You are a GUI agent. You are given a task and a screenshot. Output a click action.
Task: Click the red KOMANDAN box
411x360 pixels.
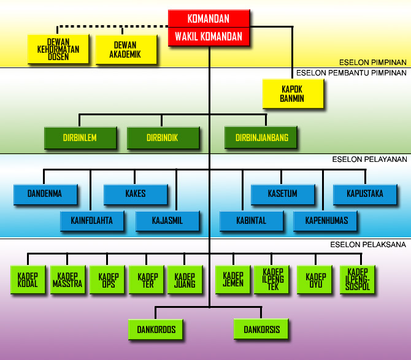(x=209, y=19)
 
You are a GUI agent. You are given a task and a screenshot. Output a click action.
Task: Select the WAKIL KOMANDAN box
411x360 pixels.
(x=209, y=37)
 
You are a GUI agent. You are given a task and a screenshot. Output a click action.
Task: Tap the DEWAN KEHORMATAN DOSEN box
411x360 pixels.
(x=58, y=50)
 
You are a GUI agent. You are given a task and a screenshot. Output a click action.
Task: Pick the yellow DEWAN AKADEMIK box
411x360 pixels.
(x=125, y=50)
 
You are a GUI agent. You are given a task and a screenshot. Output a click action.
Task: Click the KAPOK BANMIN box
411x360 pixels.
(x=292, y=94)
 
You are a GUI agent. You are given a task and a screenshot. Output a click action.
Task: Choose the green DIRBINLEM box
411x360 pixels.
(x=80, y=138)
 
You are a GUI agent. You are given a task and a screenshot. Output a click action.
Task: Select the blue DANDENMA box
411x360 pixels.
(x=46, y=194)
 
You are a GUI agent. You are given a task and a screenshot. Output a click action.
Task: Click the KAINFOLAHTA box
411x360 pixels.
(x=91, y=221)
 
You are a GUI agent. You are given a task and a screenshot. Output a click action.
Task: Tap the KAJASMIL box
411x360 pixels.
(x=167, y=221)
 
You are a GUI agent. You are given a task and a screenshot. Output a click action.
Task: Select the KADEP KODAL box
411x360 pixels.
(x=28, y=280)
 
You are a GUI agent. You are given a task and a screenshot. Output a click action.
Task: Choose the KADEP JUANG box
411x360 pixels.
(x=185, y=280)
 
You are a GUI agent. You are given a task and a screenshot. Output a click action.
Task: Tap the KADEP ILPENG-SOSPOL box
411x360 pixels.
(x=356, y=280)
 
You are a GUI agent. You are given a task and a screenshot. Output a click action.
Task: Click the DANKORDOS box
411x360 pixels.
(x=156, y=330)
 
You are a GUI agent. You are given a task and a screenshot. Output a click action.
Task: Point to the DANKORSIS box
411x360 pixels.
(x=261, y=330)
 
